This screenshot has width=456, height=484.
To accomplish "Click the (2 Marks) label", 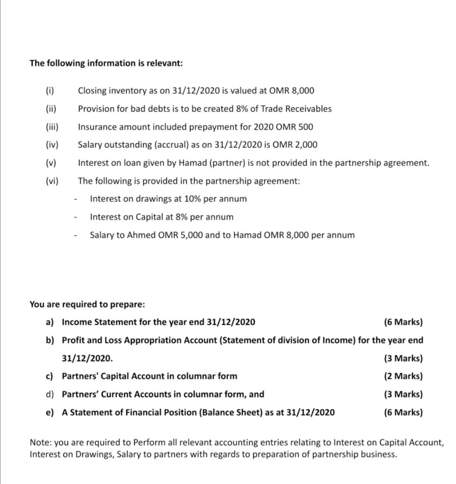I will click(x=404, y=376).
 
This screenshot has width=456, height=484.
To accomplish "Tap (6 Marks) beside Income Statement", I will click(x=404, y=322).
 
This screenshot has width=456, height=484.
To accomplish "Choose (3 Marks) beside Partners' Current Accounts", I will click(x=404, y=394).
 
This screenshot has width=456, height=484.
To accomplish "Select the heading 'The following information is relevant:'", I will click(x=106, y=63).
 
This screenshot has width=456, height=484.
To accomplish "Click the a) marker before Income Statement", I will click(x=50, y=322).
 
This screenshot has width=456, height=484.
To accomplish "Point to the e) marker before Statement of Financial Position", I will click(x=50, y=413).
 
